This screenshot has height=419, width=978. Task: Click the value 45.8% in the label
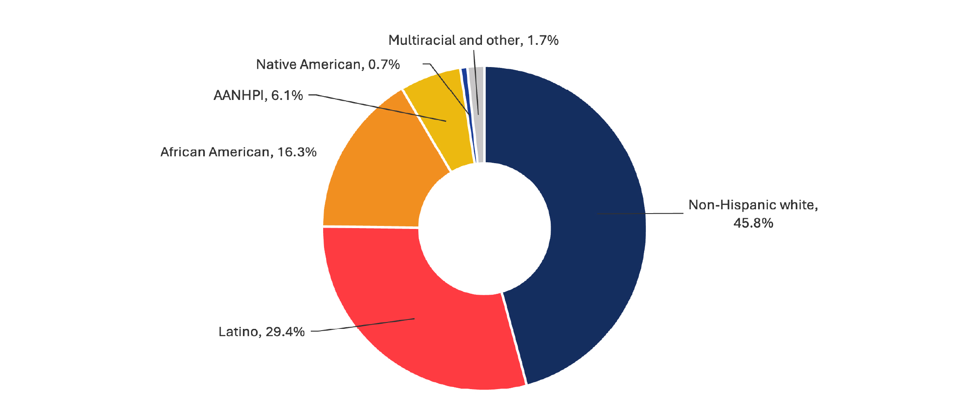pyautogui.click(x=753, y=223)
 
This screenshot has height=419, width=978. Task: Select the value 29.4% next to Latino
pyautogui.click(x=285, y=332)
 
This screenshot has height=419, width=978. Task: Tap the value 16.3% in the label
pyautogui.click(x=297, y=152)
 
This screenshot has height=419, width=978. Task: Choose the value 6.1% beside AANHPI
pyautogui.click(x=287, y=95)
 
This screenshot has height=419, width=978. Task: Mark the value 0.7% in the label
pyautogui.click(x=384, y=64)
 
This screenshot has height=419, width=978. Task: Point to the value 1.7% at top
pyautogui.click(x=543, y=40)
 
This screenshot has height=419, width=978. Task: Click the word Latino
pyautogui.click(x=238, y=332)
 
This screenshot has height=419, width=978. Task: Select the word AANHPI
pyautogui.click(x=239, y=95)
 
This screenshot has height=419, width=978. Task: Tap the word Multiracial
pyautogui.click(x=422, y=40)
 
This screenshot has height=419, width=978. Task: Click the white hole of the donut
pyautogui.click(x=485, y=229)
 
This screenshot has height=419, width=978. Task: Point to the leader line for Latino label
pyautogui.click(x=363, y=325)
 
